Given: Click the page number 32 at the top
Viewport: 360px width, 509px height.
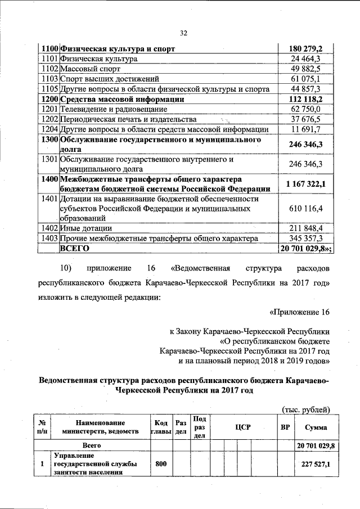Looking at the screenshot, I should [183, 33].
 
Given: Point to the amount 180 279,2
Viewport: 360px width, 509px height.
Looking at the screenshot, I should [306, 49].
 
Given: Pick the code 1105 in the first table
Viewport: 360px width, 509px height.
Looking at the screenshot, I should [50, 89].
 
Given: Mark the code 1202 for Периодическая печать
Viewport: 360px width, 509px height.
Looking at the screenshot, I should [50, 119].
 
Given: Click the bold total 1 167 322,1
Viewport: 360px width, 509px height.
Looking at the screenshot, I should [306, 184].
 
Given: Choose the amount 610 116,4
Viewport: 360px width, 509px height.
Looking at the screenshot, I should [306, 209].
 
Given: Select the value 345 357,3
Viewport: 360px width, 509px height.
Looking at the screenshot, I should [306, 238].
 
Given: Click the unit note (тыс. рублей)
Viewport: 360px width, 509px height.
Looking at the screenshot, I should [305, 409].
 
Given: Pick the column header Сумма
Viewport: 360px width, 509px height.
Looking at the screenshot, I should [316, 427].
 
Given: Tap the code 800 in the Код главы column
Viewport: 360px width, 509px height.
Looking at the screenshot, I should [161, 463].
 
